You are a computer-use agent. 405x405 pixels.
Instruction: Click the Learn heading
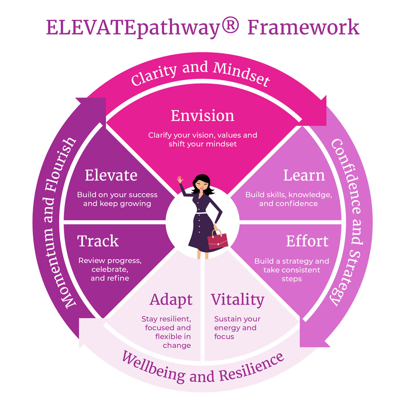(x=304, y=175)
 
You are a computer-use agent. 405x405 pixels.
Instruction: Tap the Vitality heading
(x=237, y=300)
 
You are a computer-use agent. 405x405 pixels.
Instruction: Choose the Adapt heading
(x=171, y=300)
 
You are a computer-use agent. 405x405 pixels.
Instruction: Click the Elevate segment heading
(x=111, y=175)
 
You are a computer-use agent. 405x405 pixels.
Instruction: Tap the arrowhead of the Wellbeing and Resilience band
(x=87, y=328)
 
